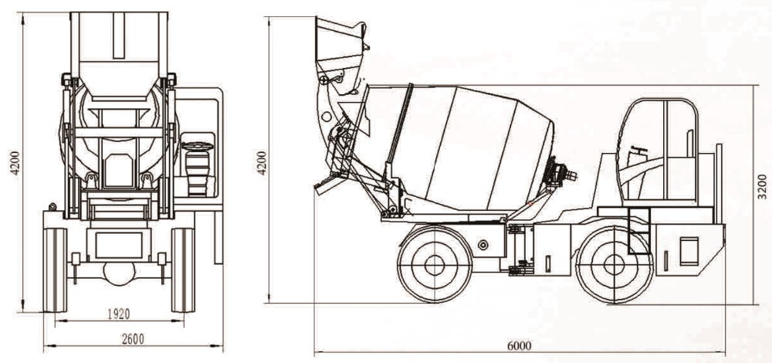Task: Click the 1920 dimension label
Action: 118,314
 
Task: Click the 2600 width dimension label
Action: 133,339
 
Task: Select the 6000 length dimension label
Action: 520,346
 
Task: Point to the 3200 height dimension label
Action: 762,186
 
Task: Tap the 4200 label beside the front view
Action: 15,162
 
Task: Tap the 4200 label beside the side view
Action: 262,162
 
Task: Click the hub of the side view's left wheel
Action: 434,265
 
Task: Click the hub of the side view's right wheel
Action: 614,264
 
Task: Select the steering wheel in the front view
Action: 198,146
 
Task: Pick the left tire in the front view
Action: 55,270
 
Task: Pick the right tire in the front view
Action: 183,270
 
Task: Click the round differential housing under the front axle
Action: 119,273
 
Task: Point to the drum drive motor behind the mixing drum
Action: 559,173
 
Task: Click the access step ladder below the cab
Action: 639,230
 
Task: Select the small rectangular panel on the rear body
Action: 689,251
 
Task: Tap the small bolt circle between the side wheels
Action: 483,245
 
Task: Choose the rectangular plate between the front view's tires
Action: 119,246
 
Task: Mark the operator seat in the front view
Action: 198,173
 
